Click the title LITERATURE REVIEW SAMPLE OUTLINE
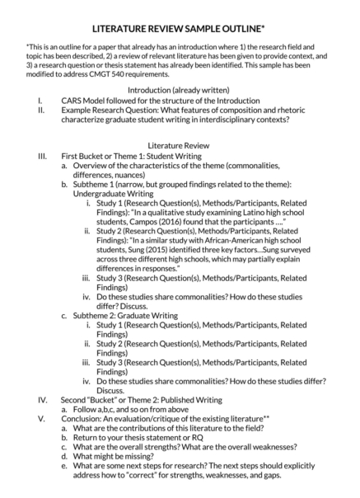[x=180, y=28]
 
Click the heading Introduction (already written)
[x=179, y=89]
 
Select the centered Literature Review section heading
[x=179, y=143]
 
